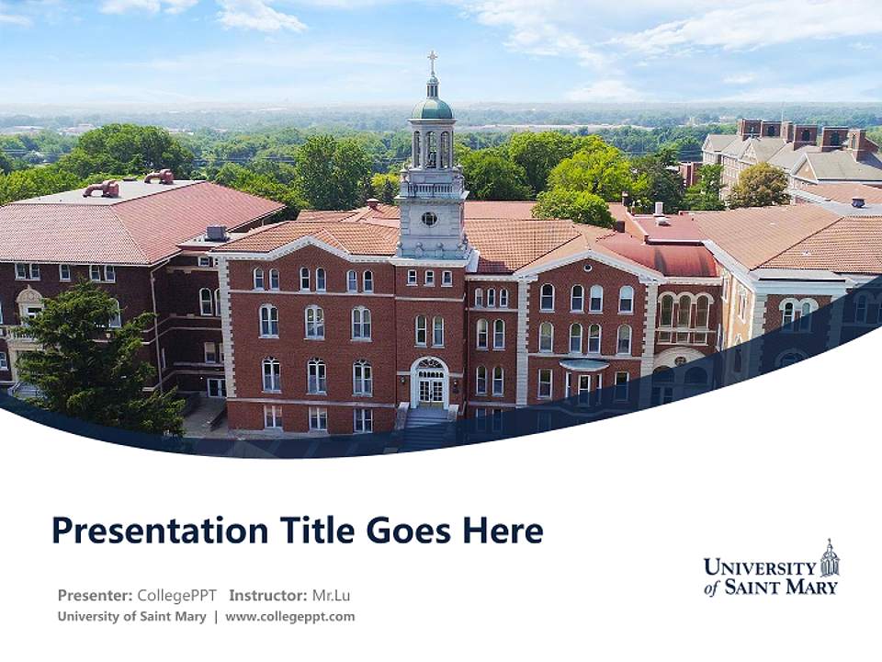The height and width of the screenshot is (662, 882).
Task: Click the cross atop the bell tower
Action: coord(432,63)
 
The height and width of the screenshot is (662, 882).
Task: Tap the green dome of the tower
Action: coord(432,108)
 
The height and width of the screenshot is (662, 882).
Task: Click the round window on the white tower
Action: coord(429,219)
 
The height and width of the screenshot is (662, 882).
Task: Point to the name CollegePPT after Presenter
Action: coord(176,595)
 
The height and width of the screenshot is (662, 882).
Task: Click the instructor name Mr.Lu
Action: coord(331,595)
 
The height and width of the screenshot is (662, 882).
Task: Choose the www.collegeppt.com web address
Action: coord(289,616)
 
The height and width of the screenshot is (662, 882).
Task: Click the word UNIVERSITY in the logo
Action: coord(760,567)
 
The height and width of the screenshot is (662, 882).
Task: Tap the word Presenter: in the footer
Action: coord(95,595)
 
